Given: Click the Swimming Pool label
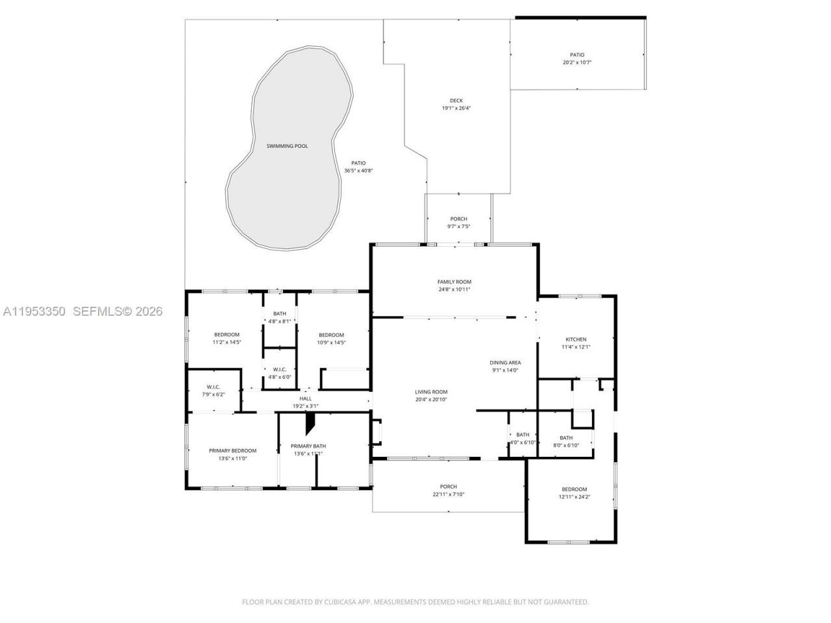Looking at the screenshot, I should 287,146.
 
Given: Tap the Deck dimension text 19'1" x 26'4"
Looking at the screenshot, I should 456,108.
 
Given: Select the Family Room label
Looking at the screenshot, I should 454,282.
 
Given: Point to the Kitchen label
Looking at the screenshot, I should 576,339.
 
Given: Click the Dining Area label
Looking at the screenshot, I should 505,363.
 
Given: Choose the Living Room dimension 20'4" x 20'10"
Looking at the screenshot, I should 431,400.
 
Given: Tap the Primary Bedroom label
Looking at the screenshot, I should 232,450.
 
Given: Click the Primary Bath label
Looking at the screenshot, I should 308,446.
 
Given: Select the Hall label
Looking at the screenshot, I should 305,398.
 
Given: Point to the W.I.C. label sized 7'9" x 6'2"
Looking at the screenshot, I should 214,387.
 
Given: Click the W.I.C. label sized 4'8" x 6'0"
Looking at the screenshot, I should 280,369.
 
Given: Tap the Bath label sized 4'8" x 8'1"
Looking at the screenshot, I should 280,313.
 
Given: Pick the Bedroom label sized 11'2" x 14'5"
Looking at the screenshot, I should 227,335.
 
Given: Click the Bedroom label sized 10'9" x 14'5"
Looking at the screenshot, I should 331,335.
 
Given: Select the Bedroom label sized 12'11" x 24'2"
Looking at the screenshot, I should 574,489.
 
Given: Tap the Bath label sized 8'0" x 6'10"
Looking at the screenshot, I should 566,438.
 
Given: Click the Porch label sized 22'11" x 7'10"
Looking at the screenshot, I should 448,487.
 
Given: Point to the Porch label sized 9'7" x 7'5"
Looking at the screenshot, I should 458,219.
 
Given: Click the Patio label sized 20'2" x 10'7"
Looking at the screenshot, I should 577,55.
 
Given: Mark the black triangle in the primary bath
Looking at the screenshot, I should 311,423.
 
